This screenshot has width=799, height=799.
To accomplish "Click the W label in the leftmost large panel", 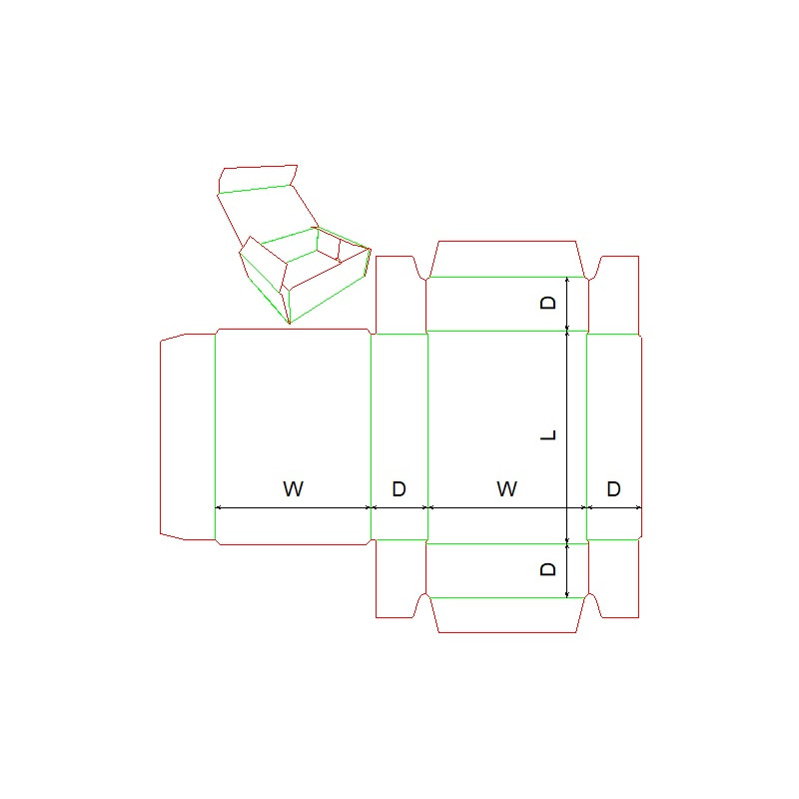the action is [293, 488].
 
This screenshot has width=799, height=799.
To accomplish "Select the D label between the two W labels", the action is [399, 488].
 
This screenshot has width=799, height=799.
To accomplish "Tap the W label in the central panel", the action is [506, 488].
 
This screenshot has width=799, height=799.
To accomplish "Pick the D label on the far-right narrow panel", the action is [613, 488].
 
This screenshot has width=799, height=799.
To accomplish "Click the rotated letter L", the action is [547, 434].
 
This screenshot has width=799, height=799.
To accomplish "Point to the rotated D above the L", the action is [547, 304].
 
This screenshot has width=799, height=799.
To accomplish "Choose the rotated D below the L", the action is [547, 569].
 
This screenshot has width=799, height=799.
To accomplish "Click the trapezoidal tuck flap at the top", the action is [507, 259].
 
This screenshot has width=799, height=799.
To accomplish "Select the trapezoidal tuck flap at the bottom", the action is [507, 615].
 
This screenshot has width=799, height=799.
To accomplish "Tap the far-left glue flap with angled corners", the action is [188, 436].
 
